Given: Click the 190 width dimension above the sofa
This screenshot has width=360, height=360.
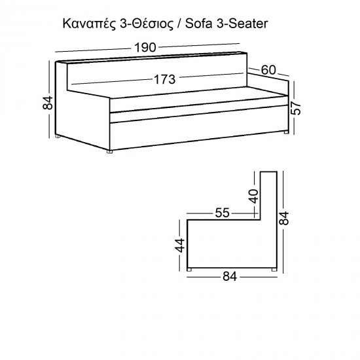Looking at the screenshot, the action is coord(145,48).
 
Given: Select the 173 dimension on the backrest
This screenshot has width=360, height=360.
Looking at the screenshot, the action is coord(164,79).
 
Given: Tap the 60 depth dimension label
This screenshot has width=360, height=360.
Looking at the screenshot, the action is coord(268,70).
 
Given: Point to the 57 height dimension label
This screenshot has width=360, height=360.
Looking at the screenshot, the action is coord(296,108).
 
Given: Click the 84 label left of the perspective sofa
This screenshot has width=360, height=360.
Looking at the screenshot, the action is coord(48,103).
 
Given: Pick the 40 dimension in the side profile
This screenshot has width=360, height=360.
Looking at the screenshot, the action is coord(254,196).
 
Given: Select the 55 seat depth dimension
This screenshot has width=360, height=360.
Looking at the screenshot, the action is coord(222,213).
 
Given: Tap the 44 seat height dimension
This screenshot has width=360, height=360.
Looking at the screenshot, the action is coord(180,245).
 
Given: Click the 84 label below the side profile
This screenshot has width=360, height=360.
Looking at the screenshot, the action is coord(230,276).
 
